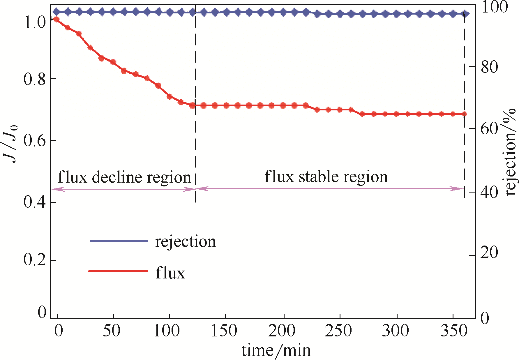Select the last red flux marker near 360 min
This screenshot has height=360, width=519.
click(x=464, y=114)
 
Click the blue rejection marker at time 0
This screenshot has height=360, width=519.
click(x=57, y=12)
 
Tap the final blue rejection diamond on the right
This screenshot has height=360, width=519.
click(x=465, y=14)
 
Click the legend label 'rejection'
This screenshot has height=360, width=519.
click(x=186, y=242)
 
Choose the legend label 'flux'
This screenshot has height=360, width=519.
click(x=170, y=273)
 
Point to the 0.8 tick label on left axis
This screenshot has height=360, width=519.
click(x=35, y=79)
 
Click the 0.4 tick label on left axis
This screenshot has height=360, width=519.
click(x=35, y=202)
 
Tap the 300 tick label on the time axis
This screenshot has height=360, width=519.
click(x=395, y=331)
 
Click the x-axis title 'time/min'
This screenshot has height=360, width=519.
click(x=276, y=350)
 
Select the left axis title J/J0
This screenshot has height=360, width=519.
click(x=10, y=143)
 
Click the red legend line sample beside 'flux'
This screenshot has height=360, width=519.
click(x=118, y=271)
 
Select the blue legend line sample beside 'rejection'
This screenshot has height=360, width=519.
click(x=119, y=241)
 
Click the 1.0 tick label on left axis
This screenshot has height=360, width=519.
click(x=35, y=23)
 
